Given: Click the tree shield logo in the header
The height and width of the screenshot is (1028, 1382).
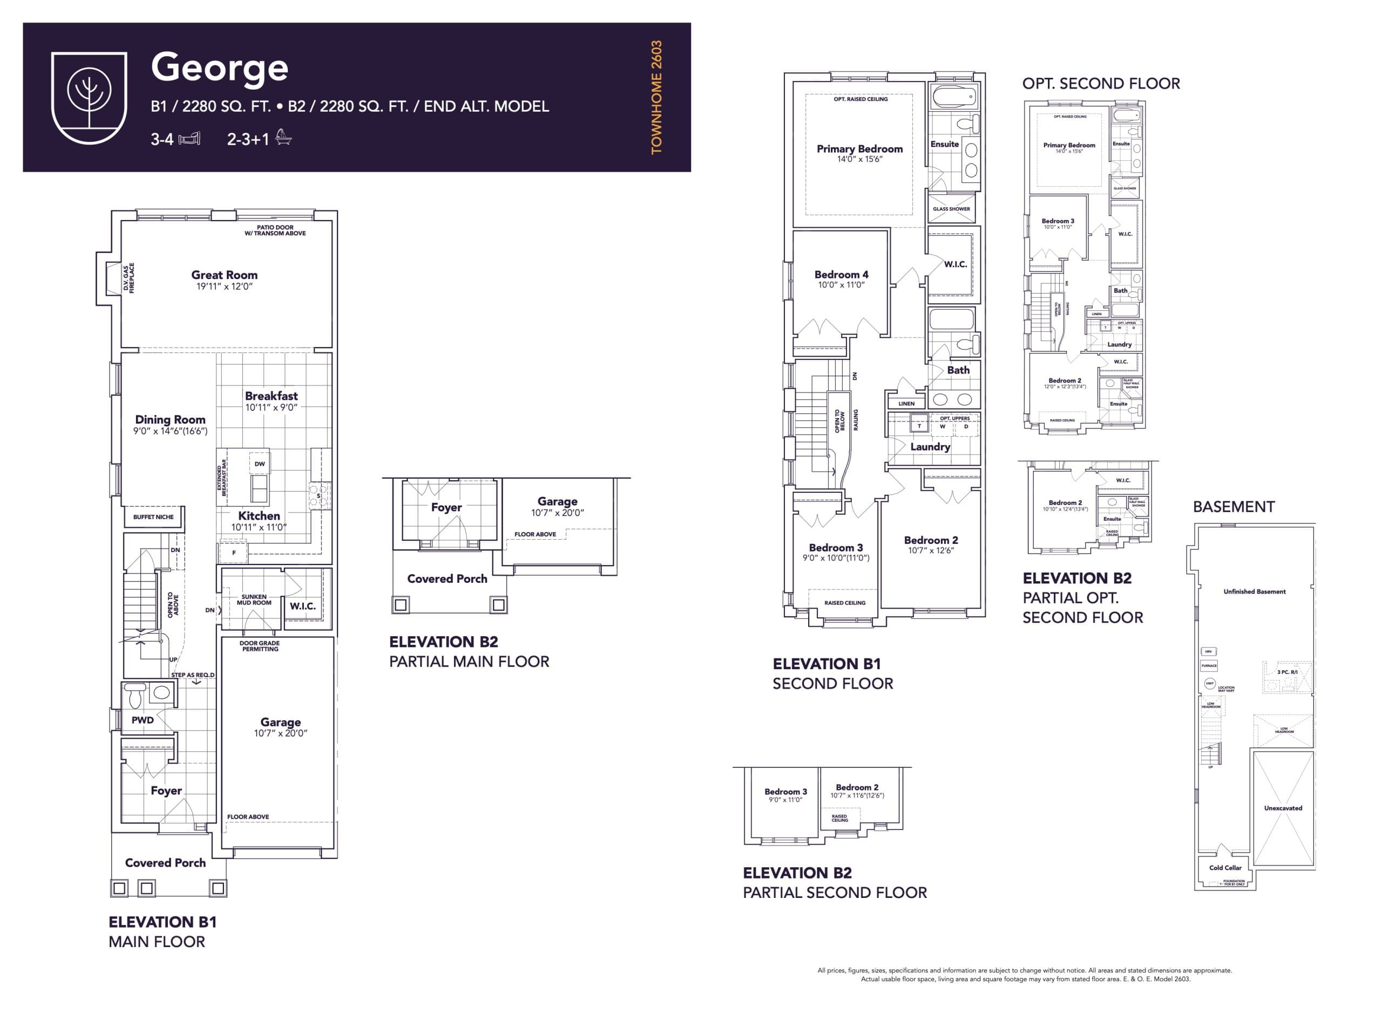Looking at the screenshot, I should pyautogui.click(x=89, y=97).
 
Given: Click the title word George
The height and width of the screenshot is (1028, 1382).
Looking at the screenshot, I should pyautogui.click(x=219, y=67).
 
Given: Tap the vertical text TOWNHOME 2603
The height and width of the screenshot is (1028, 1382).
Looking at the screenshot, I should pyautogui.click(x=656, y=97).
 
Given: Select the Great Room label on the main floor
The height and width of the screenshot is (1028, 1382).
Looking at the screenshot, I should pyautogui.click(x=224, y=275).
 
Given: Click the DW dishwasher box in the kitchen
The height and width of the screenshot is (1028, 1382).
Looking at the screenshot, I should pyautogui.click(x=260, y=464).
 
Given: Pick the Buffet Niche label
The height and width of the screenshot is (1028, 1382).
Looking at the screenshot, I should pyautogui.click(x=153, y=517).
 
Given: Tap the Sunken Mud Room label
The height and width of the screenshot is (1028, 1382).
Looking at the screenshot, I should pyautogui.click(x=254, y=599).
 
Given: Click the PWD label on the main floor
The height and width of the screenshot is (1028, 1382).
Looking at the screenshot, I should pyautogui.click(x=143, y=720).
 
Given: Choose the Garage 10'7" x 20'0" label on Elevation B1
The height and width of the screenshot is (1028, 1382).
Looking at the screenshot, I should pyautogui.click(x=280, y=726).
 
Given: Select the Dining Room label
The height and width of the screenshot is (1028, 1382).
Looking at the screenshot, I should pyautogui.click(x=170, y=420).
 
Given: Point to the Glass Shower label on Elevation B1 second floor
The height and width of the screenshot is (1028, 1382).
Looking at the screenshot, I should pyautogui.click(x=951, y=209).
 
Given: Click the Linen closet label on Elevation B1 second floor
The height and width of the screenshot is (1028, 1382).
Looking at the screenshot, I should pyautogui.click(x=906, y=404).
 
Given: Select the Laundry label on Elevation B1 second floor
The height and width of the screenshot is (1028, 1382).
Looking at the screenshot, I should pyautogui.click(x=930, y=447).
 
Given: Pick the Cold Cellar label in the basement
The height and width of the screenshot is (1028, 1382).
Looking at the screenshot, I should pyautogui.click(x=1225, y=867).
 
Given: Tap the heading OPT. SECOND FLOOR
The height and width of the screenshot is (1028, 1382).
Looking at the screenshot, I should pyautogui.click(x=1101, y=84).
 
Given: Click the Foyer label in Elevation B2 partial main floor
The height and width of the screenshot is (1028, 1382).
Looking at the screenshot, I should pyautogui.click(x=446, y=508).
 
